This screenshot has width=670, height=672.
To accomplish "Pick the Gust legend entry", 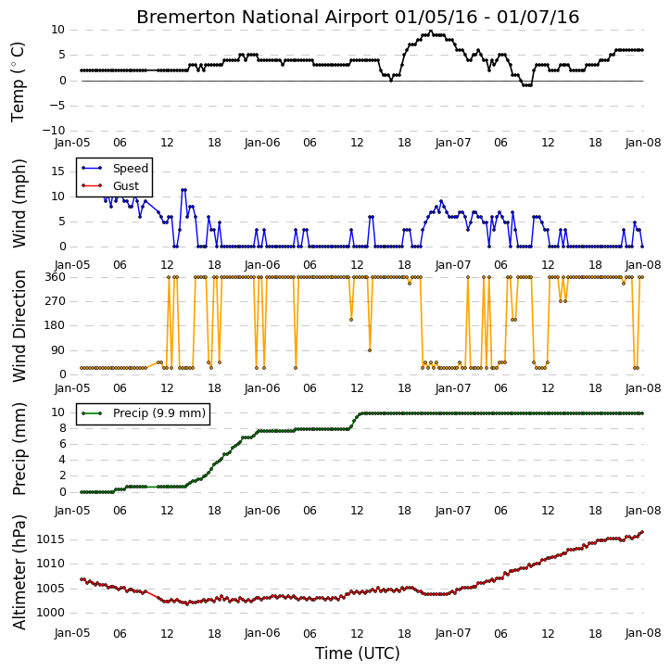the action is point(110,186).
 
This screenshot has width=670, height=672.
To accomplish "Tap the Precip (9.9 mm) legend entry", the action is point(144,413).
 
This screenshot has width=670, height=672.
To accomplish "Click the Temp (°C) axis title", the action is point(18,82).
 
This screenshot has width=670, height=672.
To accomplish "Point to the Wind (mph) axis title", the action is point(19,204).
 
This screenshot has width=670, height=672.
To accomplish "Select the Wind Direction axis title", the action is point(19,325).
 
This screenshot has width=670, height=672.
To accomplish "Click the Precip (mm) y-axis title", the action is point(19,449).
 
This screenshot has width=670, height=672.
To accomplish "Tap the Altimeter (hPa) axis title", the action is point(19,572).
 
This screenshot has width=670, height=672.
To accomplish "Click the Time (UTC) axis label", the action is point(358,653).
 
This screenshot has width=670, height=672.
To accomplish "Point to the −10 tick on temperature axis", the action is point(54,131).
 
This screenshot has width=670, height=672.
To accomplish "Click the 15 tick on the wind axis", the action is point(58,171).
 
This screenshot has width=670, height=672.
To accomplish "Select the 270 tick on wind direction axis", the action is point(56,301).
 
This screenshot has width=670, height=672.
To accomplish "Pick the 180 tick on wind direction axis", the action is point(56,325).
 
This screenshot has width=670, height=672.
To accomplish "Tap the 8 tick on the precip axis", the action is point(62,428).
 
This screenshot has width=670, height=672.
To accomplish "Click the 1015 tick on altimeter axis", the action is point(51,539).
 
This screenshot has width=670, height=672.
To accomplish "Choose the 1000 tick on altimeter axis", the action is point(51,614).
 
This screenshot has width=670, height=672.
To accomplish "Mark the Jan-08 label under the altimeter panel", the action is point(643,633).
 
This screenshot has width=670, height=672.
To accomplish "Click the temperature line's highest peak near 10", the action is point(431,31).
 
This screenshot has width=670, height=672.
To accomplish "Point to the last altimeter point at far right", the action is point(642,532).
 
